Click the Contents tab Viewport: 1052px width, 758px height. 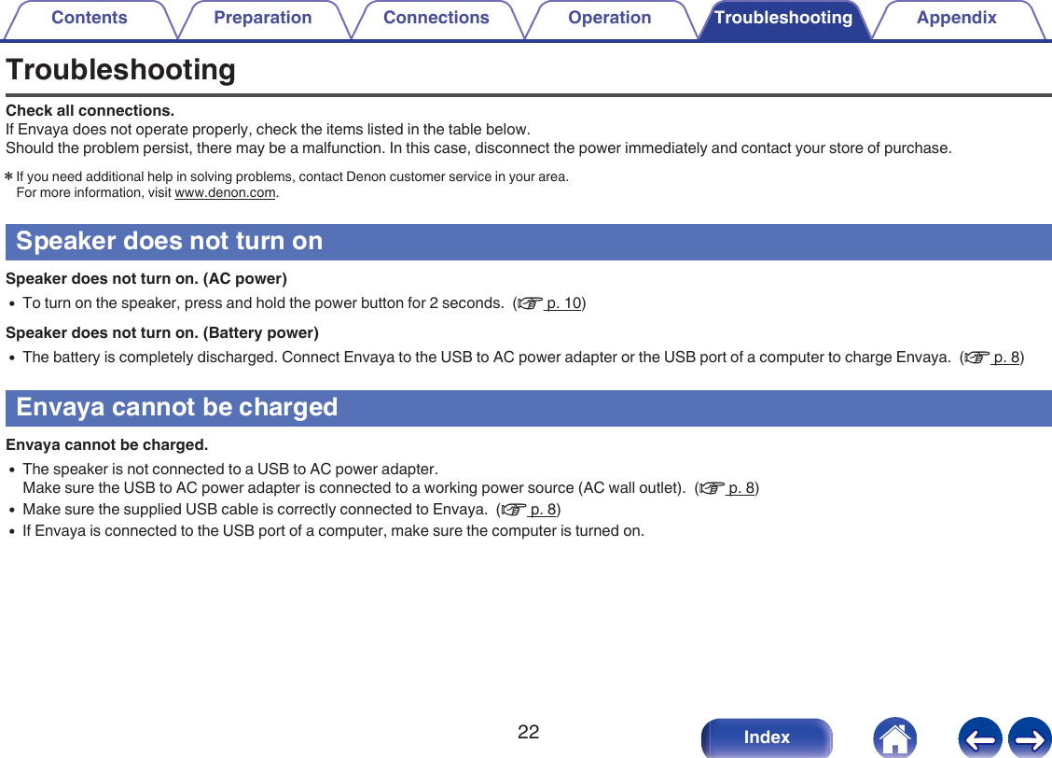click(89, 19)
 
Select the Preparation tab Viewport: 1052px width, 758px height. click(262, 19)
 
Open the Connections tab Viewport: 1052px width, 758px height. click(436, 19)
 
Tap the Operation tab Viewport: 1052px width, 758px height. click(609, 19)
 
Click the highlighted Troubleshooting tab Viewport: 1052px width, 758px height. click(782, 19)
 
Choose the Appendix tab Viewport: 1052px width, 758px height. click(956, 19)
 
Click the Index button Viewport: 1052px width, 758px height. click(767, 737)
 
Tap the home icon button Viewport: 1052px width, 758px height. click(894, 737)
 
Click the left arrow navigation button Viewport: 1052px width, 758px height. click(979, 737)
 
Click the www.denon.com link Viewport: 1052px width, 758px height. click(226, 193)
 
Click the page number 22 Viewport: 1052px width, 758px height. click(528, 732)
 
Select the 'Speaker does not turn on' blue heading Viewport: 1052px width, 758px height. click(170, 241)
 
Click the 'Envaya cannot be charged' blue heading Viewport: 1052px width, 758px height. click(177, 407)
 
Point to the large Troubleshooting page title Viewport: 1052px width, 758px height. click(120, 70)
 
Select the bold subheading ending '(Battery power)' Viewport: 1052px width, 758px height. click(162, 332)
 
